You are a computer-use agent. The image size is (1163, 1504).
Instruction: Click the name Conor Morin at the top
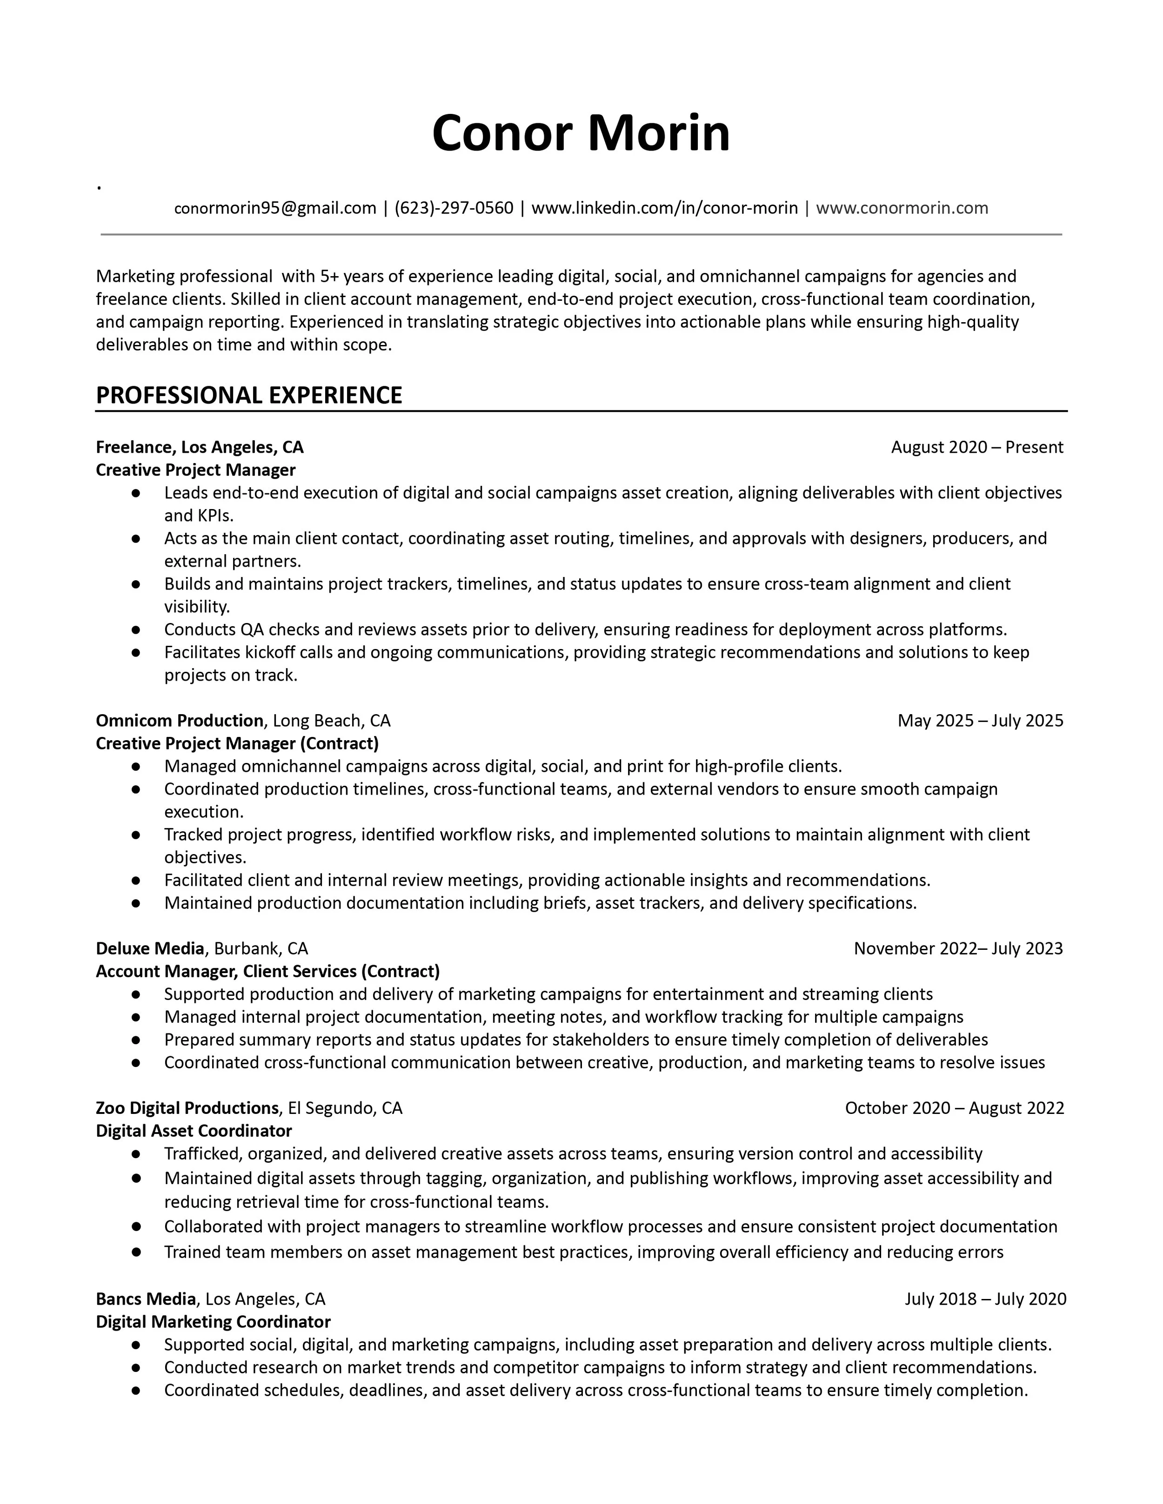[581, 133]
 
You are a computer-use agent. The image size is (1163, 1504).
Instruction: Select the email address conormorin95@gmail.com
[275, 208]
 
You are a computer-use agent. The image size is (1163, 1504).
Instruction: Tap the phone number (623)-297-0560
[454, 208]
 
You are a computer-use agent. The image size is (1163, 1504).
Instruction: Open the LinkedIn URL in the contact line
[664, 208]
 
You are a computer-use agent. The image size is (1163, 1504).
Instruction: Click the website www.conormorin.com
[902, 208]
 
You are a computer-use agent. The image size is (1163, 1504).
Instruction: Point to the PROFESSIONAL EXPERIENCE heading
[249, 395]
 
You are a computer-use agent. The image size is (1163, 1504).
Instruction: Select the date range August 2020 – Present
[977, 448]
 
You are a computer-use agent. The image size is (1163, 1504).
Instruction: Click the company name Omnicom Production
[179, 721]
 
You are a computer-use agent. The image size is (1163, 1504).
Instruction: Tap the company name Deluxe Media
[149, 949]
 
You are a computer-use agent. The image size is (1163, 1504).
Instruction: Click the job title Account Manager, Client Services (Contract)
[267, 972]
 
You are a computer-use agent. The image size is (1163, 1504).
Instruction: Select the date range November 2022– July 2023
[958, 949]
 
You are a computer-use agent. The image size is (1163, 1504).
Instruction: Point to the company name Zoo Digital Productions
[187, 1108]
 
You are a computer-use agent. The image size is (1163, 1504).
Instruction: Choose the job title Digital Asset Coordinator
[194, 1131]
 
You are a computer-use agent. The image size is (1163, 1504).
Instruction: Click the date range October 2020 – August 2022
[954, 1108]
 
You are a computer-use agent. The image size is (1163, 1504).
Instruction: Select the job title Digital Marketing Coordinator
[213, 1322]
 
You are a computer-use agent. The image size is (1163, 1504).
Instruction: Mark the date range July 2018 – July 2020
[985, 1299]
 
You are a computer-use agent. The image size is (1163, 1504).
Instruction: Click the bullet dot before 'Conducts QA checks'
[136, 630]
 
